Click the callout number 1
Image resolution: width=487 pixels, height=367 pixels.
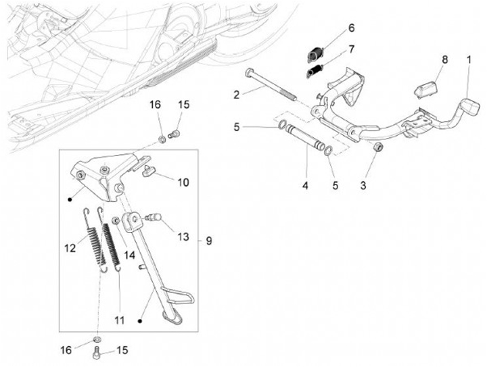click(469, 59)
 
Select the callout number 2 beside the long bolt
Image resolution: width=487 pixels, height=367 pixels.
click(237, 95)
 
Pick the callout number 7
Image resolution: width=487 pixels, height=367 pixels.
click(351, 49)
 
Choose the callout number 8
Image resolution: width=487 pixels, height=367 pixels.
click(444, 60)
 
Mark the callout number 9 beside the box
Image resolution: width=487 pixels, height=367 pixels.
click(208, 240)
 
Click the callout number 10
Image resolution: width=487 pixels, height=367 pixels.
click(183, 182)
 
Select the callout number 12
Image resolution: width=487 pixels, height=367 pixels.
click(69, 248)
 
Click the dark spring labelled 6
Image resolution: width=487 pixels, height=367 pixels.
click(316, 53)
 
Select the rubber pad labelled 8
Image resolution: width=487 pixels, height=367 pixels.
click(425, 88)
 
